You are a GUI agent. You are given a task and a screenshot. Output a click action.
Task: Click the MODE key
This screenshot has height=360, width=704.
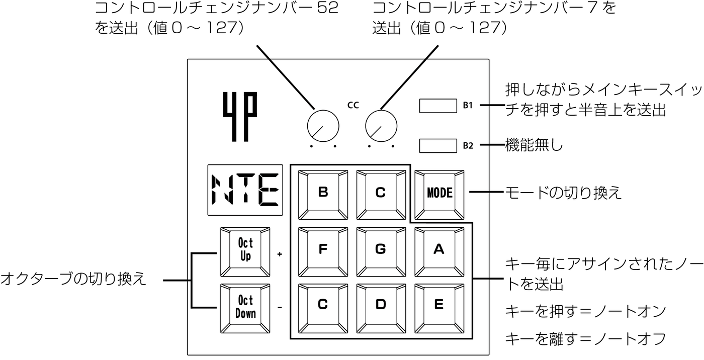[x=439, y=195]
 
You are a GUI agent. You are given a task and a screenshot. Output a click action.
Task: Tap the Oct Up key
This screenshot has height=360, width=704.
[x=245, y=252]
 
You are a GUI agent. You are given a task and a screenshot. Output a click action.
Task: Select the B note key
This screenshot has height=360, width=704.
[x=323, y=195]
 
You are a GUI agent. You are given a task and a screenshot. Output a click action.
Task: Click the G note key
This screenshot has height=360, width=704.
[x=381, y=252]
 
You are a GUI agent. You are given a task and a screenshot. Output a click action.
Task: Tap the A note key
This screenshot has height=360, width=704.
[x=439, y=252]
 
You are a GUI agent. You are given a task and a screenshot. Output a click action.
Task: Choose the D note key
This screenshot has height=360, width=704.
[x=381, y=309]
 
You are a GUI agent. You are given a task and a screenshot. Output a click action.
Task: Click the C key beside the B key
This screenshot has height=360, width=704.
[x=381, y=195]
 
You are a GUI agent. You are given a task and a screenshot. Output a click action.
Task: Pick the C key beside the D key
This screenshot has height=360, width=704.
[x=323, y=309]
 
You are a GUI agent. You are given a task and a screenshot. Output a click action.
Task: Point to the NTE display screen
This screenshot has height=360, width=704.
[x=245, y=190]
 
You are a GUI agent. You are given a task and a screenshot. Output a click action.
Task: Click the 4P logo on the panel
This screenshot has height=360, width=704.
[x=240, y=117]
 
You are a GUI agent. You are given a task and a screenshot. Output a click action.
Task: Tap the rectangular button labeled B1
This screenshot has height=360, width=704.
[x=438, y=106]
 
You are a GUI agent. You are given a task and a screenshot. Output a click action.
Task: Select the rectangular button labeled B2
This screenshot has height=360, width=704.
[x=438, y=146]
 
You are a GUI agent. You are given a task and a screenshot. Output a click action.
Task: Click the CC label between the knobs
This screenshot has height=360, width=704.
[x=353, y=105]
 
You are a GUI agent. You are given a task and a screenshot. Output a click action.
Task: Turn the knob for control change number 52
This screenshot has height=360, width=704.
[x=323, y=126]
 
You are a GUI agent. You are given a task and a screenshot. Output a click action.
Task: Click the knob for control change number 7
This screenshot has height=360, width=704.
[x=381, y=126]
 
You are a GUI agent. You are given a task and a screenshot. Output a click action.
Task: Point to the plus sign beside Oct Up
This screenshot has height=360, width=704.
[x=280, y=254]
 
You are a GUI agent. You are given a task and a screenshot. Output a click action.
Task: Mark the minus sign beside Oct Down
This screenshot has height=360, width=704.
[x=280, y=308]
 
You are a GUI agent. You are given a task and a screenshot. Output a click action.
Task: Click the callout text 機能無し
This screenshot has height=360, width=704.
[x=534, y=145]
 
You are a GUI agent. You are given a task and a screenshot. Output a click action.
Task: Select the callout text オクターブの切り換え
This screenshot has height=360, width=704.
[x=73, y=279]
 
